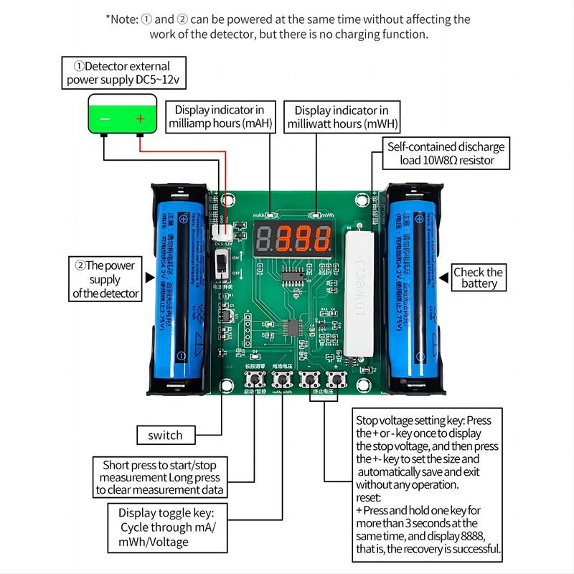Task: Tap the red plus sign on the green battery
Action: click(x=141, y=118)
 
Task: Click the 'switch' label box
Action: click(x=165, y=435)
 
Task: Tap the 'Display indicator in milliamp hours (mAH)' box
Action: click(x=220, y=116)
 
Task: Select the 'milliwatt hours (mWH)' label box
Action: click(x=342, y=116)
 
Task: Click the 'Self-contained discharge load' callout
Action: click(x=446, y=153)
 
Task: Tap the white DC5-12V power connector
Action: click(x=222, y=232)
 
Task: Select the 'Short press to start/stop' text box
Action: click(x=161, y=478)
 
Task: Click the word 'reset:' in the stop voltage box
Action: click(x=369, y=497)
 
